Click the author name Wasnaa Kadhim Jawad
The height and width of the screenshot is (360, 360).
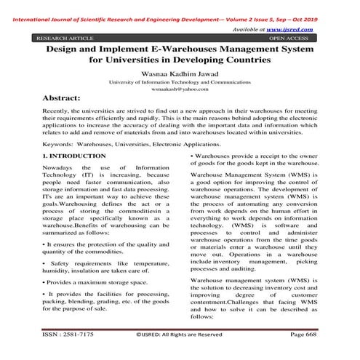[179, 74]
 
